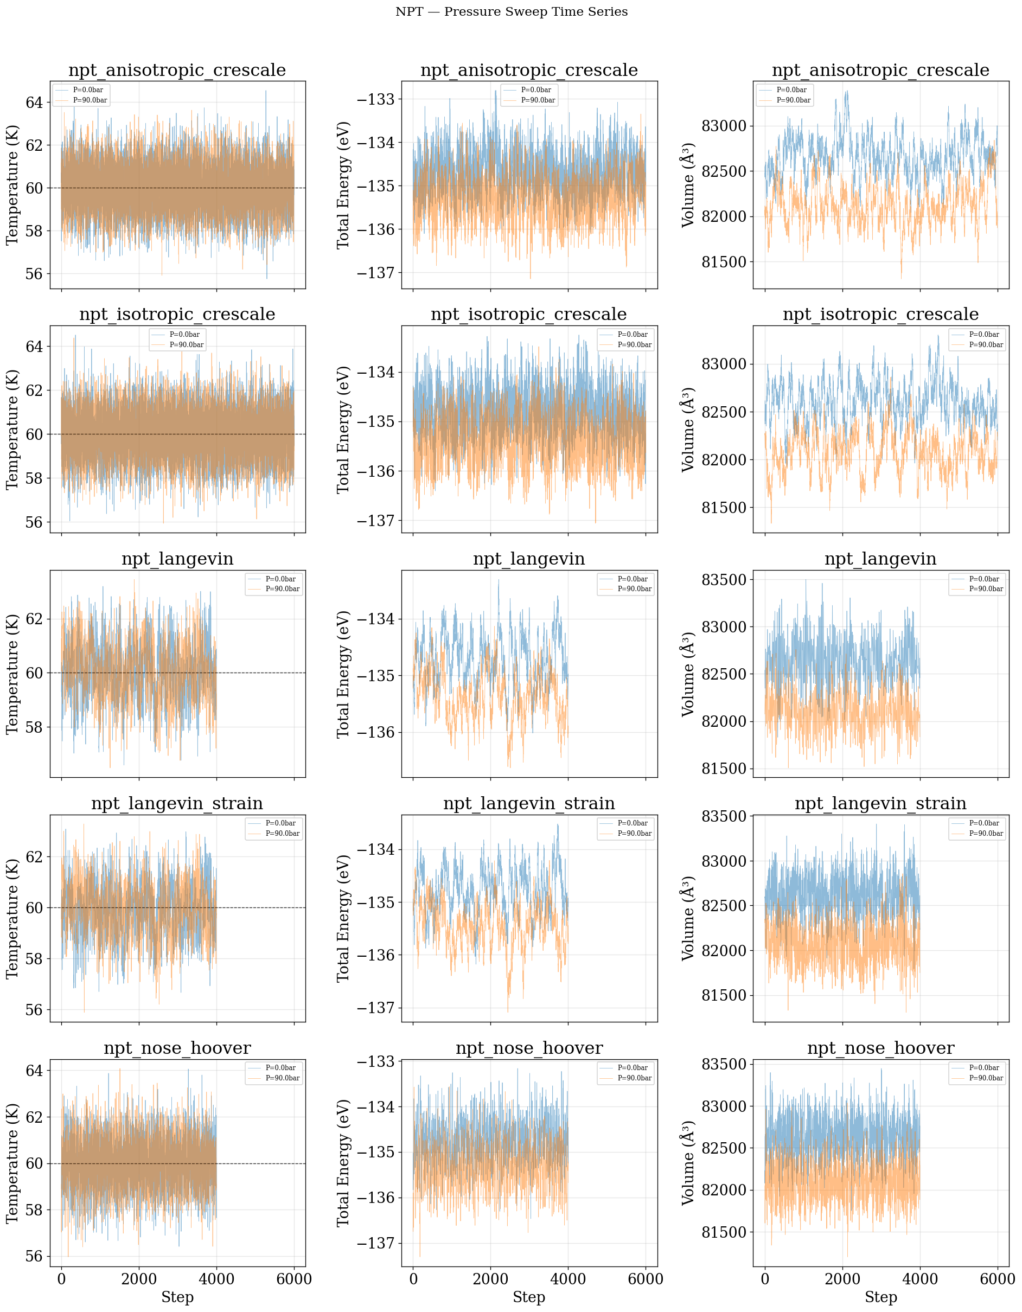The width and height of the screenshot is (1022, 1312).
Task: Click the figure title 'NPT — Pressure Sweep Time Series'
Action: click(x=512, y=12)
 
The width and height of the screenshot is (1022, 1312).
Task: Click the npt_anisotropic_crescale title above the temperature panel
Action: click(x=177, y=71)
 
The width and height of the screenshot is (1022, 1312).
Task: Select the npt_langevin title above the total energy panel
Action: click(x=529, y=559)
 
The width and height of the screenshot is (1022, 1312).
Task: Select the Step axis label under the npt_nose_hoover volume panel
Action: click(x=880, y=1297)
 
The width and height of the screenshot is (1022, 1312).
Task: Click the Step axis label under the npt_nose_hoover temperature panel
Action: click(x=177, y=1297)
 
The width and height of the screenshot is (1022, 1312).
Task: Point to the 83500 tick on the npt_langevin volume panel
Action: click(x=724, y=580)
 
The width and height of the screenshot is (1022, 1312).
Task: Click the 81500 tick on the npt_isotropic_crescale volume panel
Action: click(x=724, y=508)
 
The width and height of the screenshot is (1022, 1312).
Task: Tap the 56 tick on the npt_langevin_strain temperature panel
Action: click(x=34, y=1009)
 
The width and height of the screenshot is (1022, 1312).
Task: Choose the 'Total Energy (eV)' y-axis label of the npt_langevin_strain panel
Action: click(x=343, y=918)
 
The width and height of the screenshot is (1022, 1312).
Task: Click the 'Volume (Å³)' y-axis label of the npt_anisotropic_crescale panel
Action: click(x=688, y=185)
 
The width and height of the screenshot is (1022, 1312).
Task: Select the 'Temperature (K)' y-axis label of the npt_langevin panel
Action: click(x=12, y=674)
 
